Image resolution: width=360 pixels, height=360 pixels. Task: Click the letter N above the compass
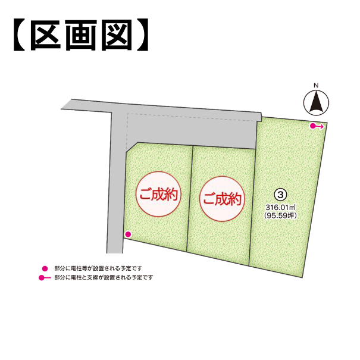(317, 86)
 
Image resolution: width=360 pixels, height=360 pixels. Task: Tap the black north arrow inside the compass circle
(317, 103)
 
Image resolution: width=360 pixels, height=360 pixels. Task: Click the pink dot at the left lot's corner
(127, 234)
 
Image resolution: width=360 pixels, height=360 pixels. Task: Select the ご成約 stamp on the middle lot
(221, 199)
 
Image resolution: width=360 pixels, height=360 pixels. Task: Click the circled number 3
(280, 194)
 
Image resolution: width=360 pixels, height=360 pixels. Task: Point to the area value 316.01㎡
(280, 207)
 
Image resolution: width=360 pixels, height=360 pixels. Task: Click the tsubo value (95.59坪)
(280, 215)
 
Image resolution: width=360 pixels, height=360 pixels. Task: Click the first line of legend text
(98, 268)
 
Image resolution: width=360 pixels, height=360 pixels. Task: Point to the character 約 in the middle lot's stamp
(235, 199)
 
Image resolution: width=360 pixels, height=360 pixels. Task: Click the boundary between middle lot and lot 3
(253, 196)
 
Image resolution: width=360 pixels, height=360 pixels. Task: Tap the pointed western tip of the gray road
(62, 108)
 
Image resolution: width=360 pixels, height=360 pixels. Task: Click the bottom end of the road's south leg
(113, 252)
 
